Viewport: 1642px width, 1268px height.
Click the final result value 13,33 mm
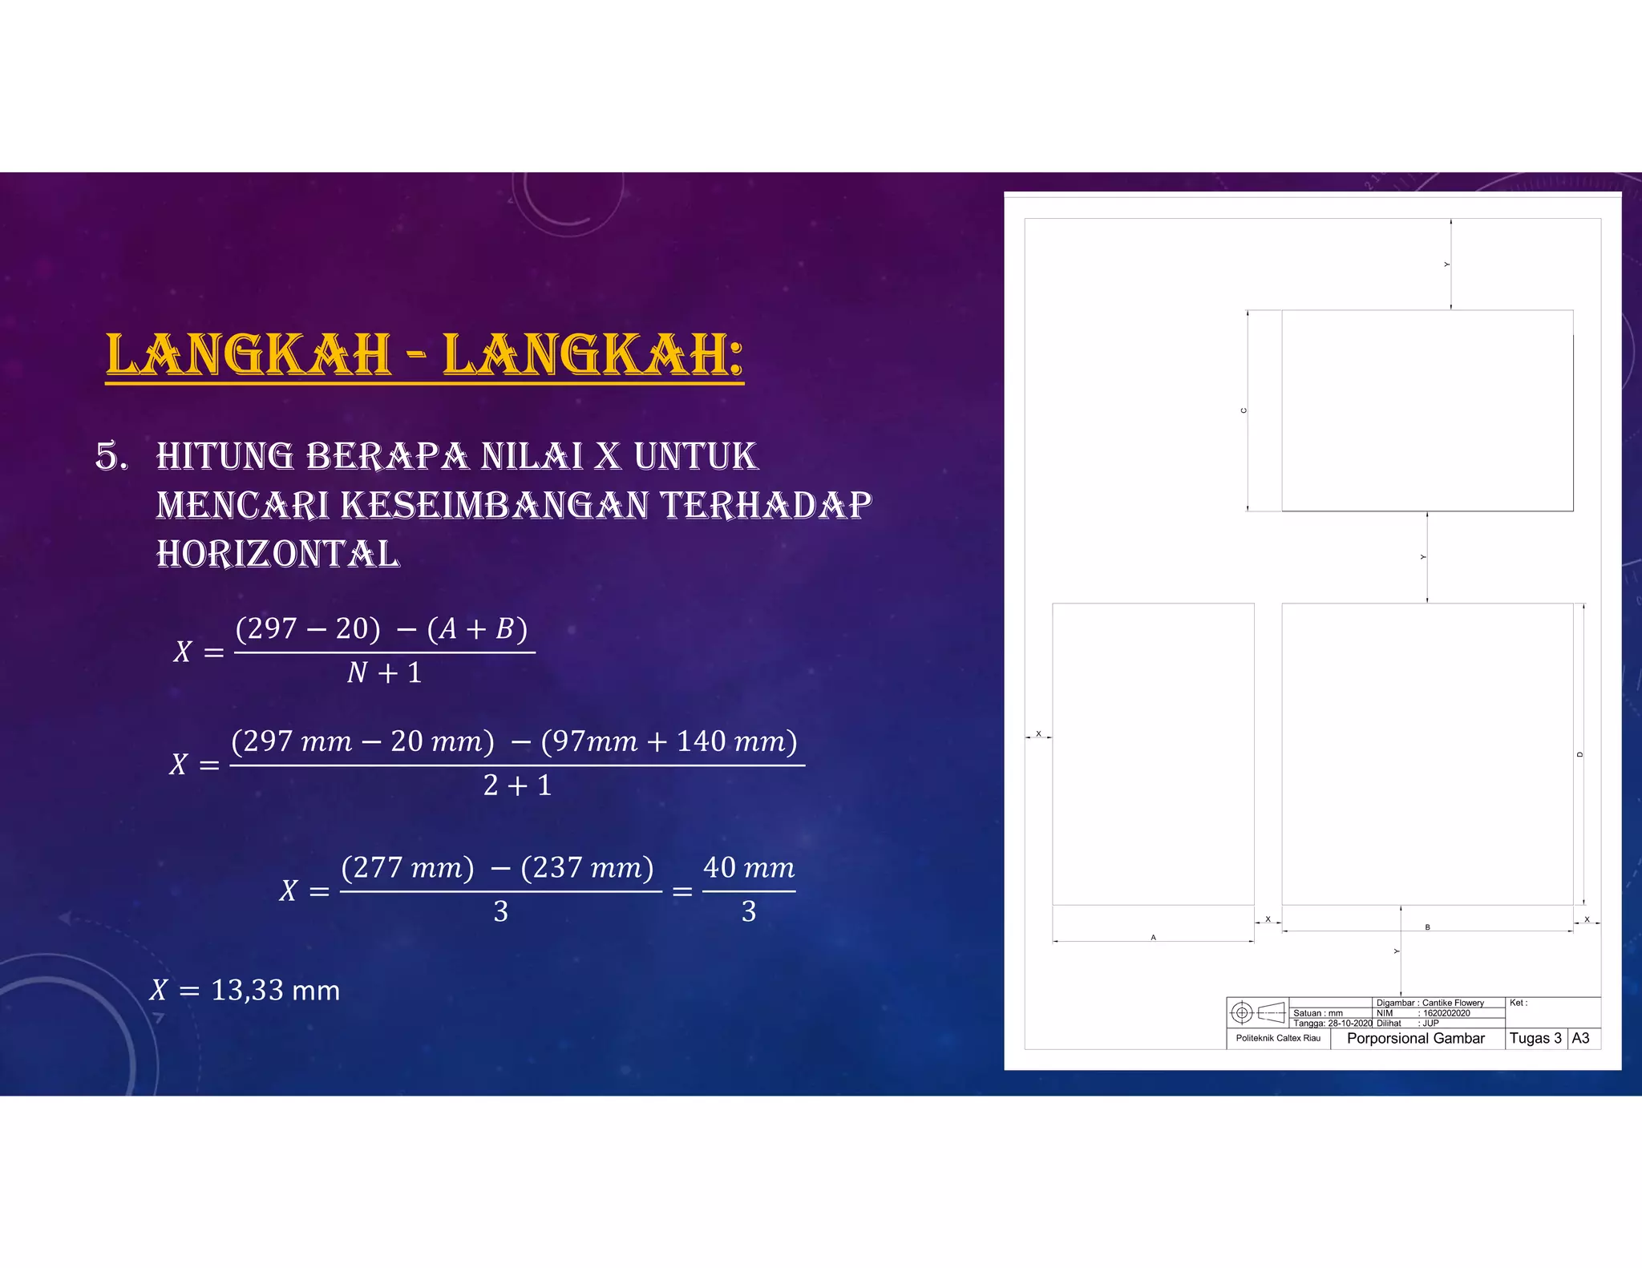point(275,991)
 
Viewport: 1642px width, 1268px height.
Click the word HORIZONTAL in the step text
point(277,555)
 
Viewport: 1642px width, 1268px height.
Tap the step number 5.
point(111,456)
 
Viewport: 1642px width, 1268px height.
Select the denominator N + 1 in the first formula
point(384,673)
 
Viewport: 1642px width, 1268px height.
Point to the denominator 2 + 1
point(517,785)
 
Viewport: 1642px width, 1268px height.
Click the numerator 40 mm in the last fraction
point(749,868)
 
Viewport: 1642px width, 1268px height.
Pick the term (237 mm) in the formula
point(587,868)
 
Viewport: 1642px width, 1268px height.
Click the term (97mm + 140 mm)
point(669,741)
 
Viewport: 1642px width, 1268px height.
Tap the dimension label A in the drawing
point(1153,937)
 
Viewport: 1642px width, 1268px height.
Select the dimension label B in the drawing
point(1427,927)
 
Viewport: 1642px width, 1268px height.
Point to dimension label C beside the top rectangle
point(1244,410)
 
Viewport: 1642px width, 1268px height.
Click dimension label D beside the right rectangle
point(1579,754)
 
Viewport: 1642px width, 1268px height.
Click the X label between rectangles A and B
point(1268,919)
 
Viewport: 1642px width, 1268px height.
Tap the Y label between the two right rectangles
point(1423,557)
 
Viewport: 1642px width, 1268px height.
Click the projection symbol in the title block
point(1256,1013)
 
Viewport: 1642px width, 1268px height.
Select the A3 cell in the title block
point(1580,1038)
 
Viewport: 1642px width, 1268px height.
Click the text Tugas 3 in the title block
point(1535,1038)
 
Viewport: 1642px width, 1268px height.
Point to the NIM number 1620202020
point(1446,1013)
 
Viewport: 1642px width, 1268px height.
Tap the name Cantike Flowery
point(1453,1003)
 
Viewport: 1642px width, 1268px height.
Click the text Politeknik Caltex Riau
point(1278,1038)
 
